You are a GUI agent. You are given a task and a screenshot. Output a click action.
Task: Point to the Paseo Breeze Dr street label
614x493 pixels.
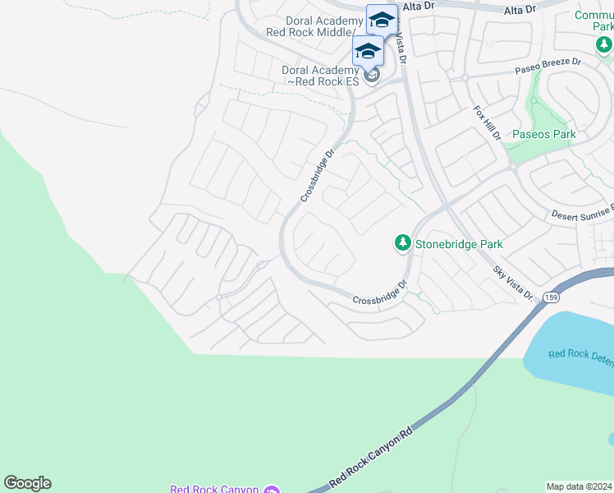pyautogui.click(x=548, y=62)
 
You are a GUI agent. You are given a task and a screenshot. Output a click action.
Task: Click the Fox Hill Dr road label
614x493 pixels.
pyautogui.click(x=486, y=123)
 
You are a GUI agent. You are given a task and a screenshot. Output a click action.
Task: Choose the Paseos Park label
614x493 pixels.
pyautogui.click(x=543, y=134)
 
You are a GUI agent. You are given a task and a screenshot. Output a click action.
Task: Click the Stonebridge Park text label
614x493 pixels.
pyautogui.click(x=458, y=244)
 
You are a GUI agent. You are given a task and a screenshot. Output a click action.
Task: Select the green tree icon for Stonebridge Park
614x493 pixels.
pyautogui.click(x=402, y=242)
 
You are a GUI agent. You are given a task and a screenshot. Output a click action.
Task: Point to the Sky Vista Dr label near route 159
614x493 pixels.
pyautogui.click(x=514, y=283)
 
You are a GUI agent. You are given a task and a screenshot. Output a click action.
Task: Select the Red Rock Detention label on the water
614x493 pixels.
pyautogui.click(x=580, y=355)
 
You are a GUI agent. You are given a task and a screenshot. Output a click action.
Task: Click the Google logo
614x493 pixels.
pyautogui.click(x=27, y=483)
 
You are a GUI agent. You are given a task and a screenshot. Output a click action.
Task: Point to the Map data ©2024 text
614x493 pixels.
pyautogui.click(x=580, y=486)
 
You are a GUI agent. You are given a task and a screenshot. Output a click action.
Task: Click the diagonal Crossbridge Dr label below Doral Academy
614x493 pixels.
pyautogui.click(x=318, y=175)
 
